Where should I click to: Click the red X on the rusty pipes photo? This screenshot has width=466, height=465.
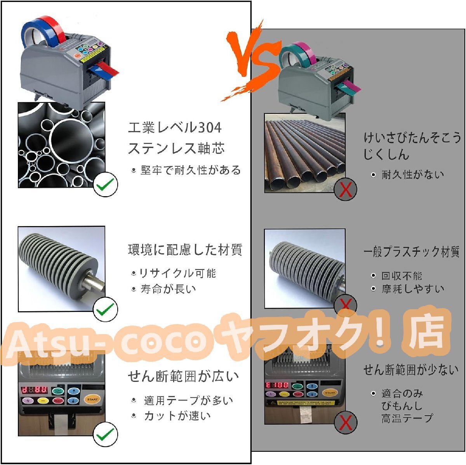(346, 190)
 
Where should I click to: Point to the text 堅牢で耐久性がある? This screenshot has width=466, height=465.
(190, 170)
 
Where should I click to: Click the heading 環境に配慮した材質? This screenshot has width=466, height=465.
(185, 250)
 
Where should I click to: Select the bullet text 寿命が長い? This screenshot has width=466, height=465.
(168, 289)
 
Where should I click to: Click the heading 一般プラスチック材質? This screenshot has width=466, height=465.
(411, 252)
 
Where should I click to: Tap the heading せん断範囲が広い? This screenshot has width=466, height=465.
(183, 376)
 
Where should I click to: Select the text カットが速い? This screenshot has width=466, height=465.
(177, 416)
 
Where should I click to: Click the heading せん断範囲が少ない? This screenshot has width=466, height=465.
(411, 370)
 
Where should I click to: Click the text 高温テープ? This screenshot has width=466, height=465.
(407, 418)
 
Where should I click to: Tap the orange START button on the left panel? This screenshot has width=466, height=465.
(92, 399)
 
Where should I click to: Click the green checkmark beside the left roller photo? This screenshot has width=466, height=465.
(106, 309)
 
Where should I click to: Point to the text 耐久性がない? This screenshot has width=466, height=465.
(412, 174)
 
